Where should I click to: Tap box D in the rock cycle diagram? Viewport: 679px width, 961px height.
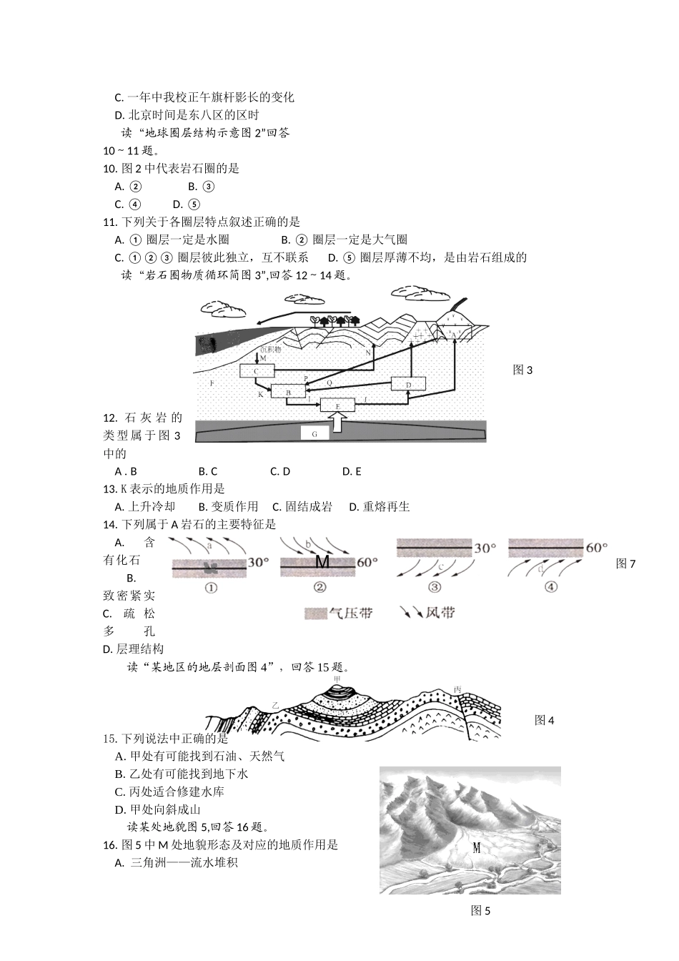(408, 384)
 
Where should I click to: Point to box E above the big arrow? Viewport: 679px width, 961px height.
(337, 405)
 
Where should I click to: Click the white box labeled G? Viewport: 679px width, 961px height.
(314, 433)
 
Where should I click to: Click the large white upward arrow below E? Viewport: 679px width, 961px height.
(340, 423)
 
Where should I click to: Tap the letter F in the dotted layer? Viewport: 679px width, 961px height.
(212, 384)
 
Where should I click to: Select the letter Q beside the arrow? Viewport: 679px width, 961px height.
(329, 383)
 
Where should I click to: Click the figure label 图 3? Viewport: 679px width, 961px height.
(522, 370)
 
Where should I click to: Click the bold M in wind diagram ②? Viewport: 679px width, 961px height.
(322, 562)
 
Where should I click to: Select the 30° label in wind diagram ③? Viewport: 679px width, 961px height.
(485, 548)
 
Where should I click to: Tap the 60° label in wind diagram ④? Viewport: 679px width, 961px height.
(596, 548)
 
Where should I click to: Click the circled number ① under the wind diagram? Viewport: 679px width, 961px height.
(211, 587)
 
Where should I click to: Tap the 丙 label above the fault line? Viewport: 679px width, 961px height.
(457, 690)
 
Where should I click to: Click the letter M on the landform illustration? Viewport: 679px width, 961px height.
(477, 848)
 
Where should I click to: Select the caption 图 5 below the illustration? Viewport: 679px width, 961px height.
(480, 911)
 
